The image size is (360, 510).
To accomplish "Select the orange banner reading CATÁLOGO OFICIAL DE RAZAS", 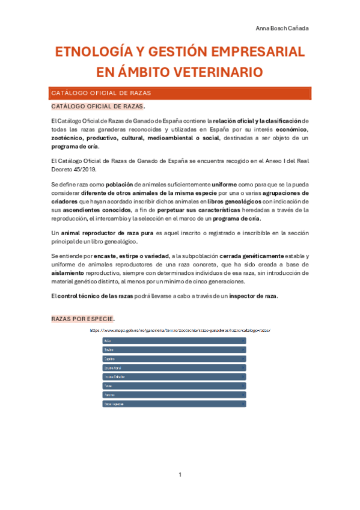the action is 180,93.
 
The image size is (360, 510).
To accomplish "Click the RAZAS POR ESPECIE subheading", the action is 83,318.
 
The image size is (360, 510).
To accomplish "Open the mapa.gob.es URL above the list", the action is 180,330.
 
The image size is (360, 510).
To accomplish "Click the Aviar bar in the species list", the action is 174,340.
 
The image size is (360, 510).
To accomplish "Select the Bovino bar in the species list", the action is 174,349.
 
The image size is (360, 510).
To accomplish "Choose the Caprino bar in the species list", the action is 174,358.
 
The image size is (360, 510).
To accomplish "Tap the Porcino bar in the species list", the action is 174,395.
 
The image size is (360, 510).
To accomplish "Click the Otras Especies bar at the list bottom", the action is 174,404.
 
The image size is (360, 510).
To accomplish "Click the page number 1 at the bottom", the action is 180,475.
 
